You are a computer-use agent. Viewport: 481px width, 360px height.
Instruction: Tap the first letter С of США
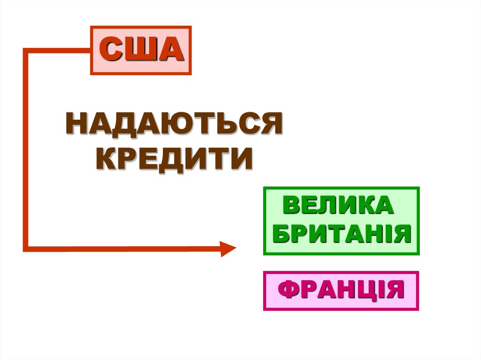click(x=113, y=50)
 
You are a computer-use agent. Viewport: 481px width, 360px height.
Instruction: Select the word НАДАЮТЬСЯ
click(x=174, y=124)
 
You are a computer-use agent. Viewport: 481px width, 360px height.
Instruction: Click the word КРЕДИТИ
click(x=174, y=159)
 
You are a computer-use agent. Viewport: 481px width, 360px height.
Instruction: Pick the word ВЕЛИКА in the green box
click(x=337, y=207)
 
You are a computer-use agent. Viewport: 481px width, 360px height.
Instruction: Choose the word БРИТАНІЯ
click(x=341, y=233)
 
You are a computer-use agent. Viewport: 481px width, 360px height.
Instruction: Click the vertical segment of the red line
click(x=26, y=150)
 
